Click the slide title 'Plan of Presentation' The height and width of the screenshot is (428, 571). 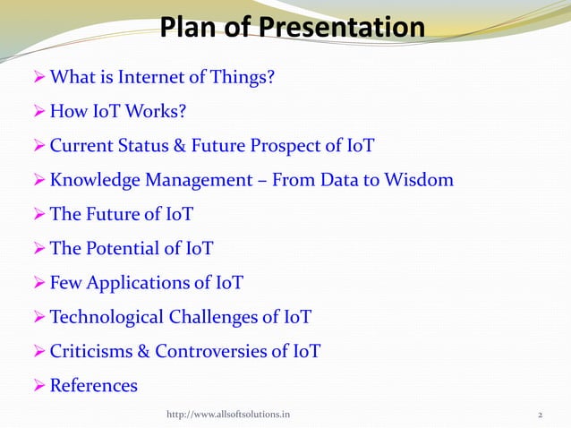[x=292, y=28]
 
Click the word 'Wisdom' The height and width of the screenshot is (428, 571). [x=421, y=180]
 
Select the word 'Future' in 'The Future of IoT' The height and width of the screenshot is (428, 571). [x=114, y=215]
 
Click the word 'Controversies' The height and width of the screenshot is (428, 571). [x=211, y=351]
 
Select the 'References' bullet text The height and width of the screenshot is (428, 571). [x=93, y=386]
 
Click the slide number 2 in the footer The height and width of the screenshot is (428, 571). [x=541, y=415]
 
